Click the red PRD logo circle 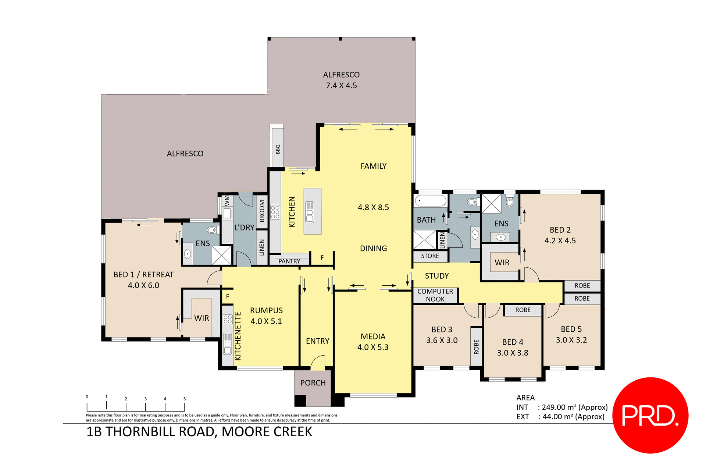(x=650, y=415)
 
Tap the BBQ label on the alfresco (x=278, y=149)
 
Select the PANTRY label (x=289, y=261)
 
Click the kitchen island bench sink (x=310, y=212)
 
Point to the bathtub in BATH (x=430, y=201)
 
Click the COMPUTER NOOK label (x=435, y=295)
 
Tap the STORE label (x=430, y=256)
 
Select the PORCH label (x=313, y=383)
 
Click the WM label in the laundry (x=227, y=201)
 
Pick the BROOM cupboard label (x=262, y=211)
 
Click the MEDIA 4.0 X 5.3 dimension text (x=373, y=347)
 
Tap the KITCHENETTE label (x=238, y=336)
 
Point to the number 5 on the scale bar (x=185, y=399)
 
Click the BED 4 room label (x=513, y=342)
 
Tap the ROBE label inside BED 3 (x=476, y=347)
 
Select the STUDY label (x=437, y=276)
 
